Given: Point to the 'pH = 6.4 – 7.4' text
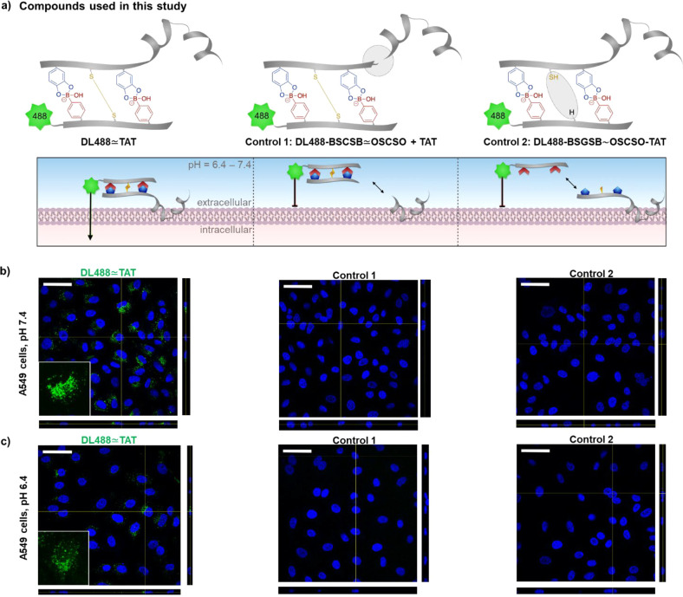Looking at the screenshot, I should click(x=226, y=164).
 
